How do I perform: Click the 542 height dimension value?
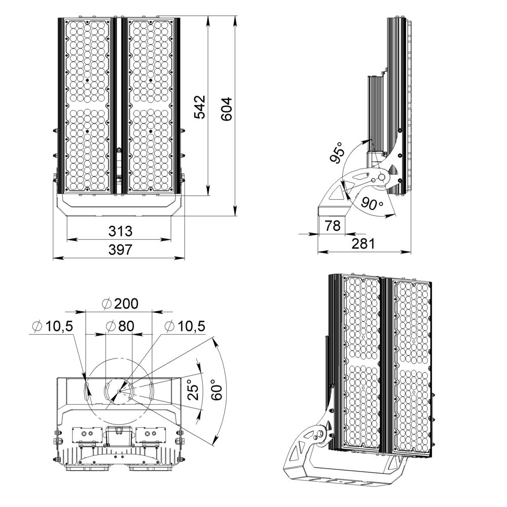coord(201,107)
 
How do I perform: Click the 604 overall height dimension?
coord(227,108)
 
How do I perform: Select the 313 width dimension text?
coord(120,231)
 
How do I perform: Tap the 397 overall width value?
coord(120,249)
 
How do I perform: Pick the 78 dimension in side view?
coord(332,226)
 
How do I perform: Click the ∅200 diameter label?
coord(120,304)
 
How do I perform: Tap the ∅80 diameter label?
coord(120,326)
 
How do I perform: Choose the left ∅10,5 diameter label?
coord(52,326)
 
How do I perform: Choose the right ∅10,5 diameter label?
coord(186,326)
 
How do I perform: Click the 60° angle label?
coord(217,390)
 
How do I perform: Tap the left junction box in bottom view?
coord(84,435)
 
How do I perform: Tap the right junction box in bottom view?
coord(151,435)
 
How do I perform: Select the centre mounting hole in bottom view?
coord(119,391)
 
